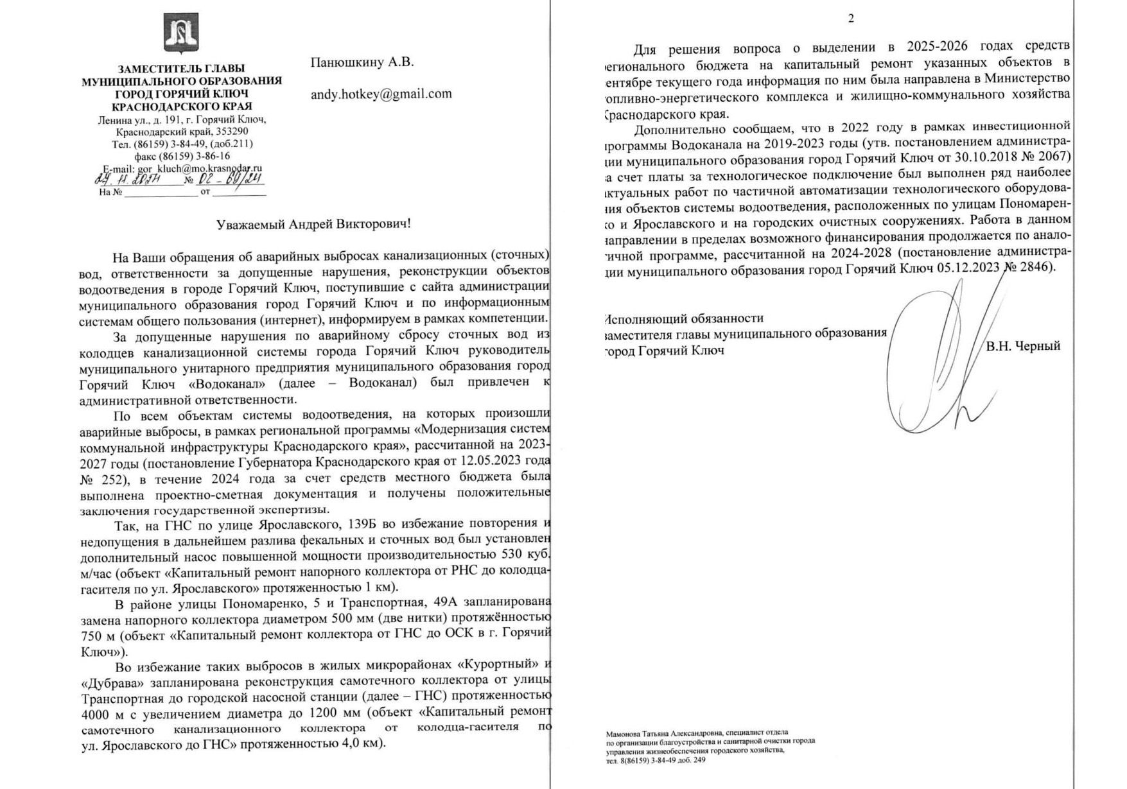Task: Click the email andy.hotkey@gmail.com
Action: (x=381, y=94)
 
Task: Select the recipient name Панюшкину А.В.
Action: (x=362, y=62)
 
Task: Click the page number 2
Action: (x=851, y=19)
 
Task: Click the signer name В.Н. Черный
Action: (x=1023, y=347)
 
